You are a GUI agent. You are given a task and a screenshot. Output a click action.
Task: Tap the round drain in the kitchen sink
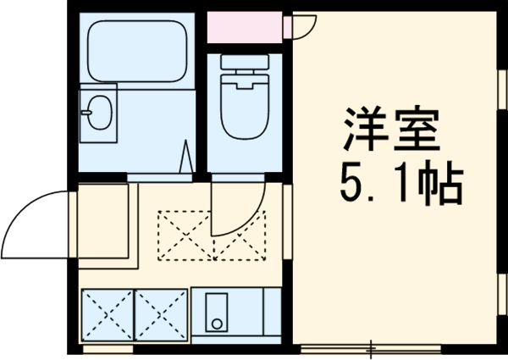pyautogui.click(x=218, y=324)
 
